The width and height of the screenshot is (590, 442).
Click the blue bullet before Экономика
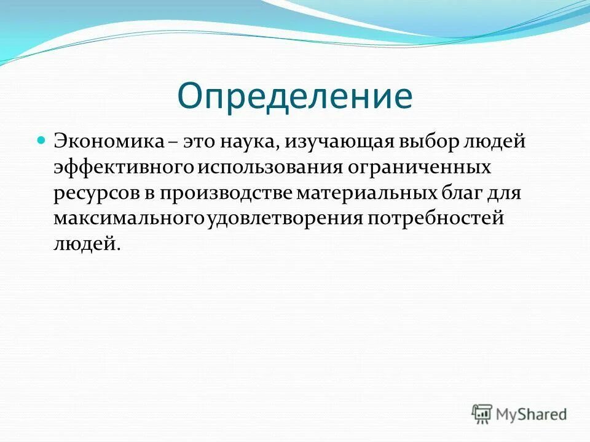click(42, 140)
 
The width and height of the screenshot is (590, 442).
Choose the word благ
click(462, 193)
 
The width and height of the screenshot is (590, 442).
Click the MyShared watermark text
click(532, 414)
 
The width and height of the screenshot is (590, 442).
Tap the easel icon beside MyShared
click(482, 414)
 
